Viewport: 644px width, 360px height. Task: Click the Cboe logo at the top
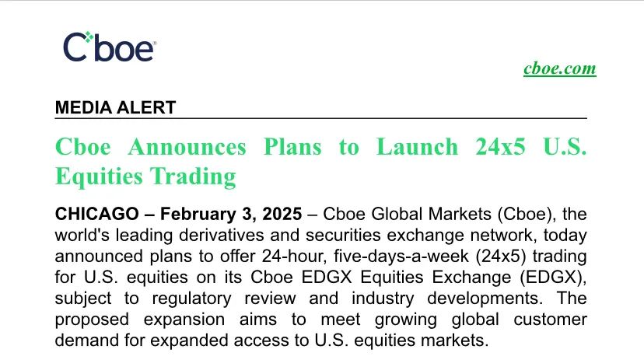pyautogui.click(x=109, y=47)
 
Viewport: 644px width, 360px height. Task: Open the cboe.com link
pyautogui.click(x=559, y=68)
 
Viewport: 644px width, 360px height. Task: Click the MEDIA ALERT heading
pyautogui.click(x=115, y=107)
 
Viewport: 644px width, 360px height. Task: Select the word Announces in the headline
pyautogui.click(x=187, y=147)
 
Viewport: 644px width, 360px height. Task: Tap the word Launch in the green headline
pyautogui.click(x=417, y=147)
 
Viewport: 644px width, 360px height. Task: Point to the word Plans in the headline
pyautogui.click(x=292, y=147)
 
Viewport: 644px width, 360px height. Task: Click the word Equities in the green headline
pyautogui.click(x=99, y=177)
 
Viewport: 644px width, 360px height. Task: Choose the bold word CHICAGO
pyautogui.click(x=97, y=214)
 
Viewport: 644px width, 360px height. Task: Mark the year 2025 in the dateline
pyautogui.click(x=282, y=214)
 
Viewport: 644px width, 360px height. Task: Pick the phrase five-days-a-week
pyautogui.click(x=401, y=256)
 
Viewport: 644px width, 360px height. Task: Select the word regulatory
pyautogui.click(x=192, y=299)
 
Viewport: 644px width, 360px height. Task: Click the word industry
pyautogui.click(x=383, y=299)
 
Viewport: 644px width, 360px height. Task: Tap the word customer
pyautogui.click(x=550, y=320)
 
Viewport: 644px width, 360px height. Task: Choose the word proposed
pyautogui.click(x=92, y=320)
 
